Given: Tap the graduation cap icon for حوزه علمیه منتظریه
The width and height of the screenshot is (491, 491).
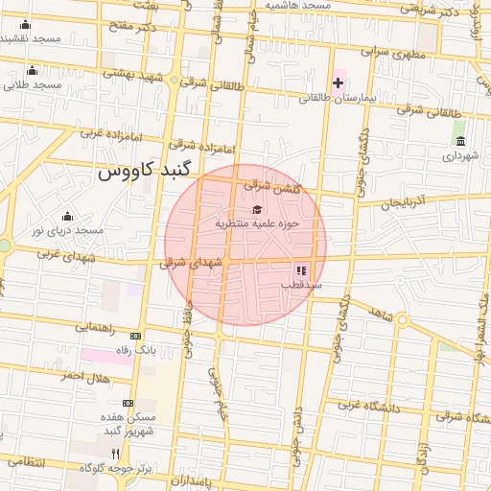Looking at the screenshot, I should pyautogui.click(x=256, y=209).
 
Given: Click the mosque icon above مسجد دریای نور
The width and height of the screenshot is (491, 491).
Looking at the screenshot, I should pyautogui.click(x=66, y=216).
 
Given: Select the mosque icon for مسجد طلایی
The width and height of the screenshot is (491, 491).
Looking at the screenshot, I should pyautogui.click(x=32, y=70).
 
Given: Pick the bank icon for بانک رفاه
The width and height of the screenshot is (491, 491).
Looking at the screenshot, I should pyautogui.click(x=135, y=336).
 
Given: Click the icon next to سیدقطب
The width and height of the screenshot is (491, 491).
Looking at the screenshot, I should pyautogui.click(x=300, y=271).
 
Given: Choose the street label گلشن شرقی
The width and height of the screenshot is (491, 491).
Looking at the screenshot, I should pyautogui.click(x=272, y=187).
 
